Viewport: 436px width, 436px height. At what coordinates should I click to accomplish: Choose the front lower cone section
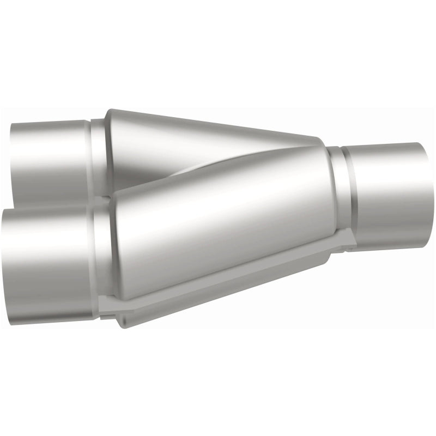[x=218, y=229]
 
